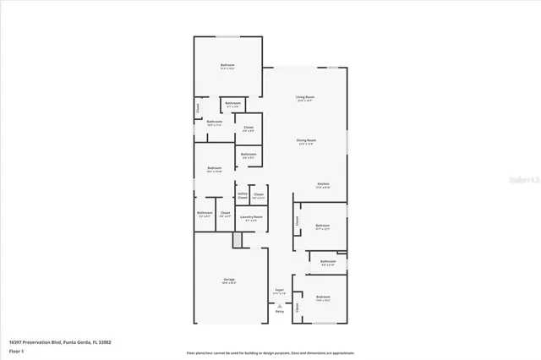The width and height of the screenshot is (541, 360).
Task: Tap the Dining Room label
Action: pyautogui.click(x=305, y=141)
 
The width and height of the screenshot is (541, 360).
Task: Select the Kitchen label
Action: pyautogui.click(x=323, y=185)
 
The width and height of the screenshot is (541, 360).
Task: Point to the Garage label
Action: pyautogui.click(x=229, y=281)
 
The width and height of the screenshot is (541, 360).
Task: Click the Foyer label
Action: pyautogui.click(x=279, y=292)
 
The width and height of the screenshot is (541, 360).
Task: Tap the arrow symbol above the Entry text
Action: pyautogui.click(x=279, y=304)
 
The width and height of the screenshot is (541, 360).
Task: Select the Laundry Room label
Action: pyautogui.click(x=250, y=218)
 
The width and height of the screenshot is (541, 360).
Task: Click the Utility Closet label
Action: pyautogui.click(x=243, y=195)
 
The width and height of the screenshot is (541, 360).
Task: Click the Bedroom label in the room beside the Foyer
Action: pyautogui.click(x=322, y=298)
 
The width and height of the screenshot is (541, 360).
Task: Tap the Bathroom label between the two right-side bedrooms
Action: pyautogui.click(x=328, y=263)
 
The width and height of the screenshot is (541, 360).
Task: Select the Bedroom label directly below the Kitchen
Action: pyautogui.click(x=322, y=226)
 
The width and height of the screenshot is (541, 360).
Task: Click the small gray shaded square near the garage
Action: pyautogui.click(x=238, y=241)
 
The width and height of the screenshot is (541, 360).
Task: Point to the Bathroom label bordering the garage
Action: pyautogui.click(x=205, y=214)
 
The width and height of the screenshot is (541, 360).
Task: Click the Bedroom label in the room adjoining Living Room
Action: pyautogui.click(x=227, y=67)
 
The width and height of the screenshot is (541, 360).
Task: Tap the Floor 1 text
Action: pyautogui.click(x=17, y=349)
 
